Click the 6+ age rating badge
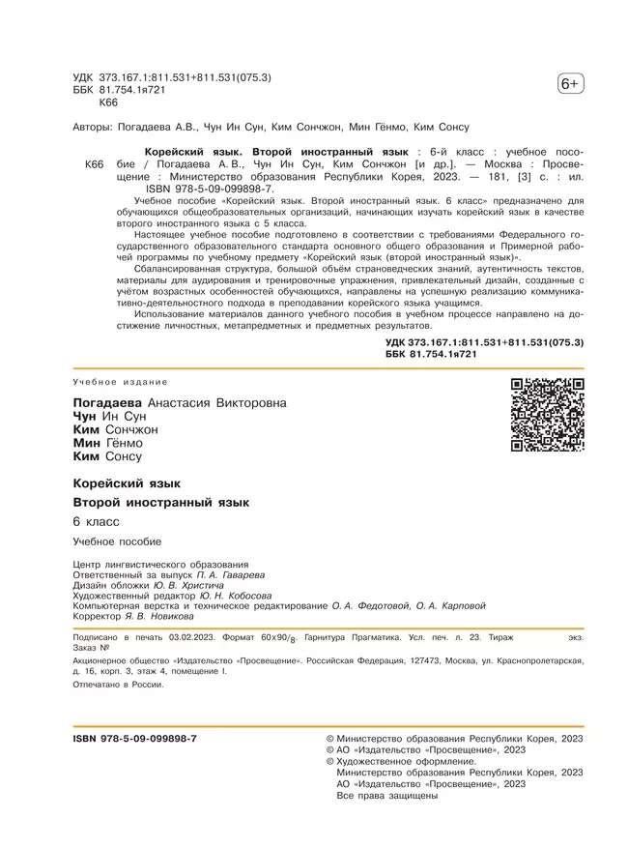[570, 85]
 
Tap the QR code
[548, 416]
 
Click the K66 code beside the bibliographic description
[94, 165]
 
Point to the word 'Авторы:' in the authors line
[93, 127]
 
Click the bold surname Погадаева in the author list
[108, 402]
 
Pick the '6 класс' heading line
[97, 522]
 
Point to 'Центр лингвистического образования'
[160, 565]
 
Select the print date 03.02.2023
[195, 638]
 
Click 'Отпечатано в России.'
[119, 684]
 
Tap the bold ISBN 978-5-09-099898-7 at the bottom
[135, 738]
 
